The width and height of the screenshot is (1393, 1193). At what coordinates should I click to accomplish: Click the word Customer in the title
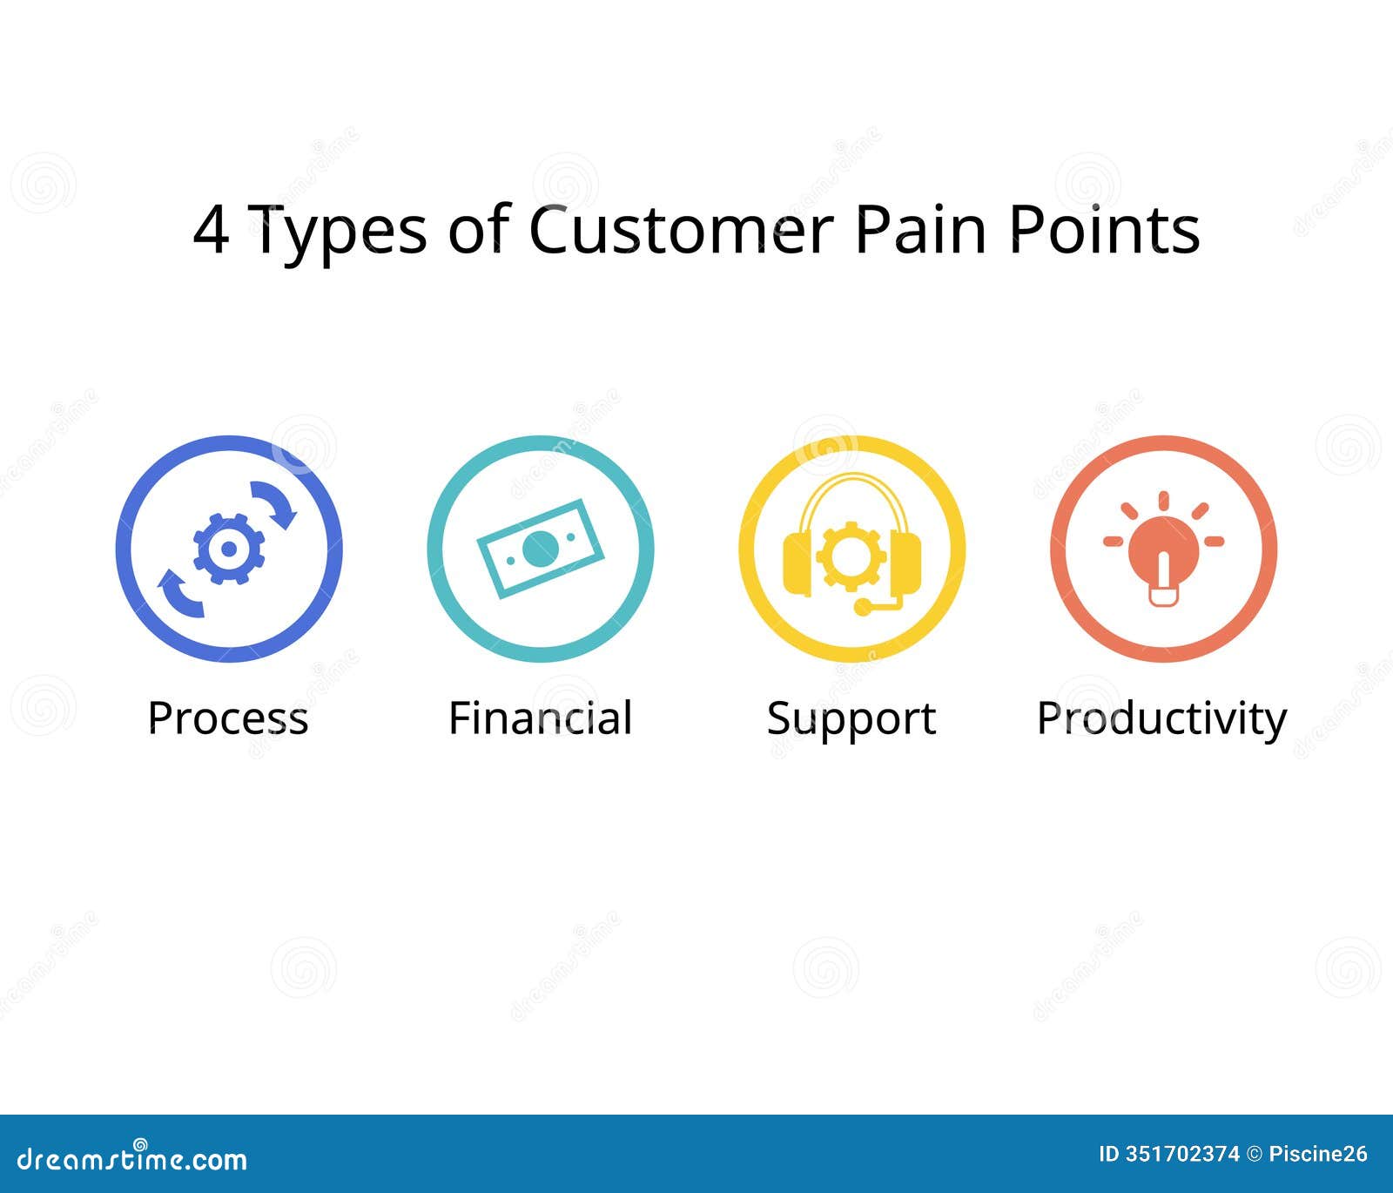[x=681, y=230]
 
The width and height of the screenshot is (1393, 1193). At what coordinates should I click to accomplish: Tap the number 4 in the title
[x=211, y=231]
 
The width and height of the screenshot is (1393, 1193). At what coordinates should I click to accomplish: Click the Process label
[x=228, y=718]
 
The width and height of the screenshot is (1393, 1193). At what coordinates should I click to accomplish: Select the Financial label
[x=540, y=718]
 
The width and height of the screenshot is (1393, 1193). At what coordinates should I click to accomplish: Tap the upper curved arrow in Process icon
[x=275, y=503]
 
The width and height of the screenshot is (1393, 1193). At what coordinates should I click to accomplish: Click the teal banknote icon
[x=540, y=549]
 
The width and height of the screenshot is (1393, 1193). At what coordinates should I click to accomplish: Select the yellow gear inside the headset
[x=851, y=556]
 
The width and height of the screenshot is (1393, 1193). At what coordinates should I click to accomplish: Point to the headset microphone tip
[x=862, y=607]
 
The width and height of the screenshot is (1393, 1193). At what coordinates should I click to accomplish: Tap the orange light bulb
[x=1163, y=553]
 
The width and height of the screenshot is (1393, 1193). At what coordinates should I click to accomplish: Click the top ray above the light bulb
[x=1163, y=501]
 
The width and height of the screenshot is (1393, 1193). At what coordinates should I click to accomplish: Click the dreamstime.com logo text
[x=132, y=1160]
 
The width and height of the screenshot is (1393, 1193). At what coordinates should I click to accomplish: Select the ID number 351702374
[x=1181, y=1155]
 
